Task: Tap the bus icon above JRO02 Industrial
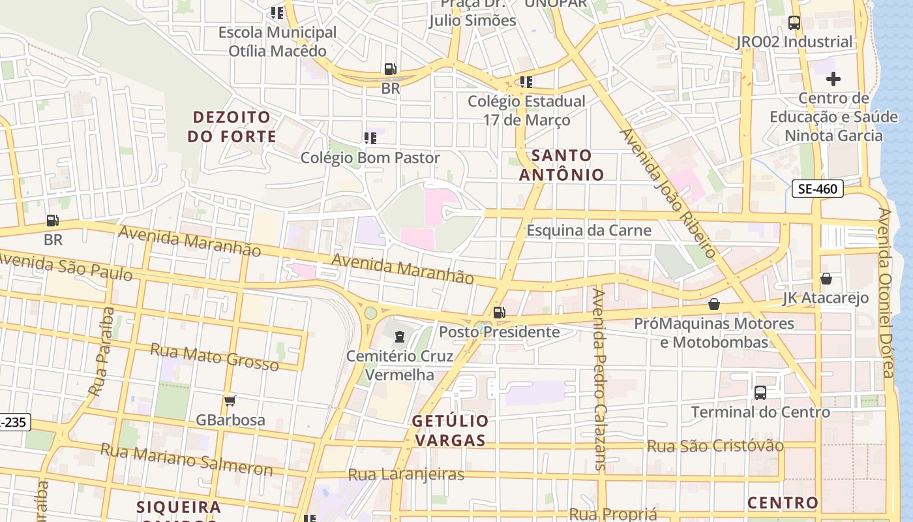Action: click(x=794, y=23)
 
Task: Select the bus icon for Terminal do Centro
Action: click(x=760, y=393)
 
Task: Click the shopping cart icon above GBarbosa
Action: click(x=230, y=401)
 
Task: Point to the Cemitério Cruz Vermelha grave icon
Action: click(x=399, y=337)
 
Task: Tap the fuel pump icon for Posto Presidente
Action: click(x=499, y=313)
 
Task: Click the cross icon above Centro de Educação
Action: click(x=833, y=80)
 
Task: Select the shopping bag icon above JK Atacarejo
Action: click(x=826, y=279)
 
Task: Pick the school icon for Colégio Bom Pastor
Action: click(x=370, y=138)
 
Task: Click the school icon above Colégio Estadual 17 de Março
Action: click(x=526, y=82)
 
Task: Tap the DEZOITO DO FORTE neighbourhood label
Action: click(x=232, y=127)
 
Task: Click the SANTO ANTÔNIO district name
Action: click(x=561, y=165)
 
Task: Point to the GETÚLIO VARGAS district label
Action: click(x=450, y=431)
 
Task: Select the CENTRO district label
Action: click(x=783, y=503)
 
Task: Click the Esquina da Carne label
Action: click(x=589, y=230)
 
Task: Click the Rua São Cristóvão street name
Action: click(x=715, y=446)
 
